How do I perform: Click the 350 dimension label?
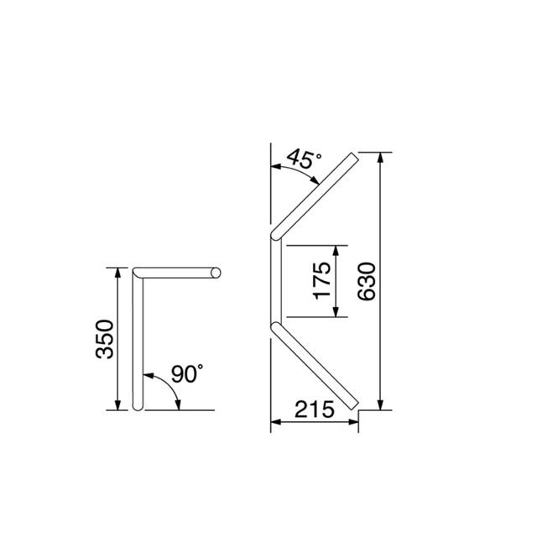pyautogui.click(x=104, y=339)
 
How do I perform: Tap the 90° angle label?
pyautogui.click(x=187, y=373)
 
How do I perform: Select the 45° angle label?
pyautogui.click(x=304, y=159)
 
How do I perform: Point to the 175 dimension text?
pyautogui.click(x=322, y=281)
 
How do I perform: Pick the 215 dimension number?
pyautogui.click(x=314, y=409)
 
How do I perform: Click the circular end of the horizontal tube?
pyautogui.click(x=216, y=273)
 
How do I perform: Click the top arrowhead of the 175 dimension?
pyautogui.click(x=336, y=251)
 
